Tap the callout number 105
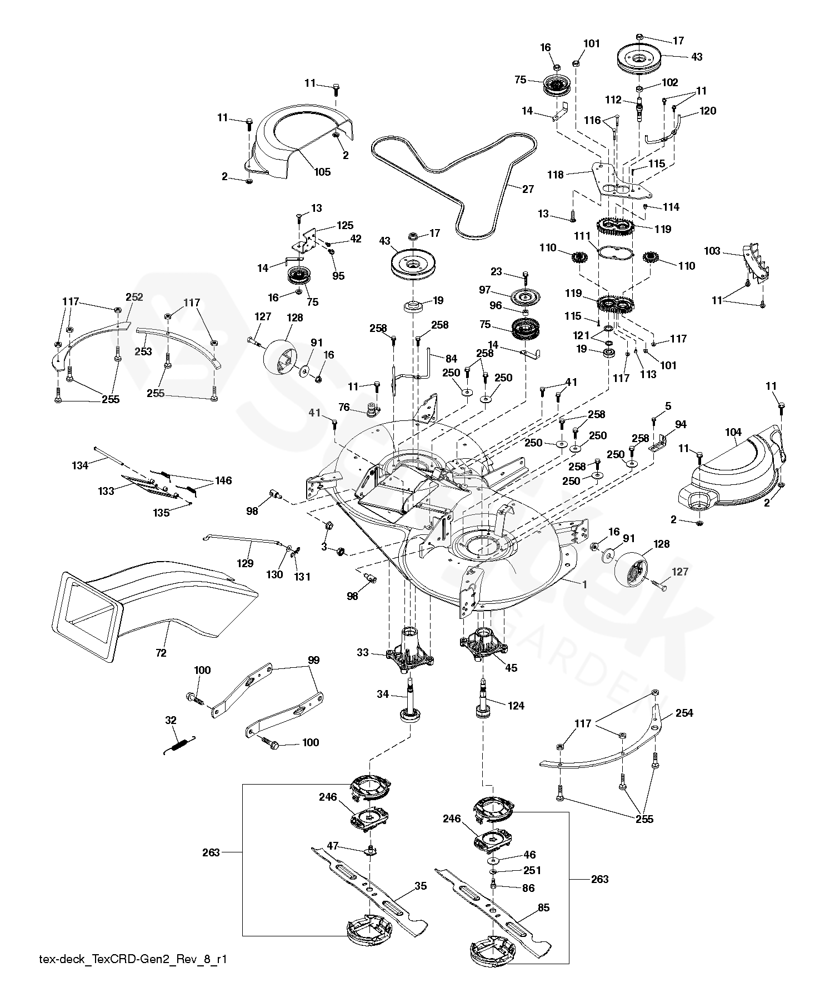322,172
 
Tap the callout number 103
712,251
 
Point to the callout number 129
245,563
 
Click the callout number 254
684,713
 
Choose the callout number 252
134,297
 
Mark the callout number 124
516,706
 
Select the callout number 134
81,465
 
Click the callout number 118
555,175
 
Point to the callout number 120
708,111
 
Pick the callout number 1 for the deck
584,584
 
